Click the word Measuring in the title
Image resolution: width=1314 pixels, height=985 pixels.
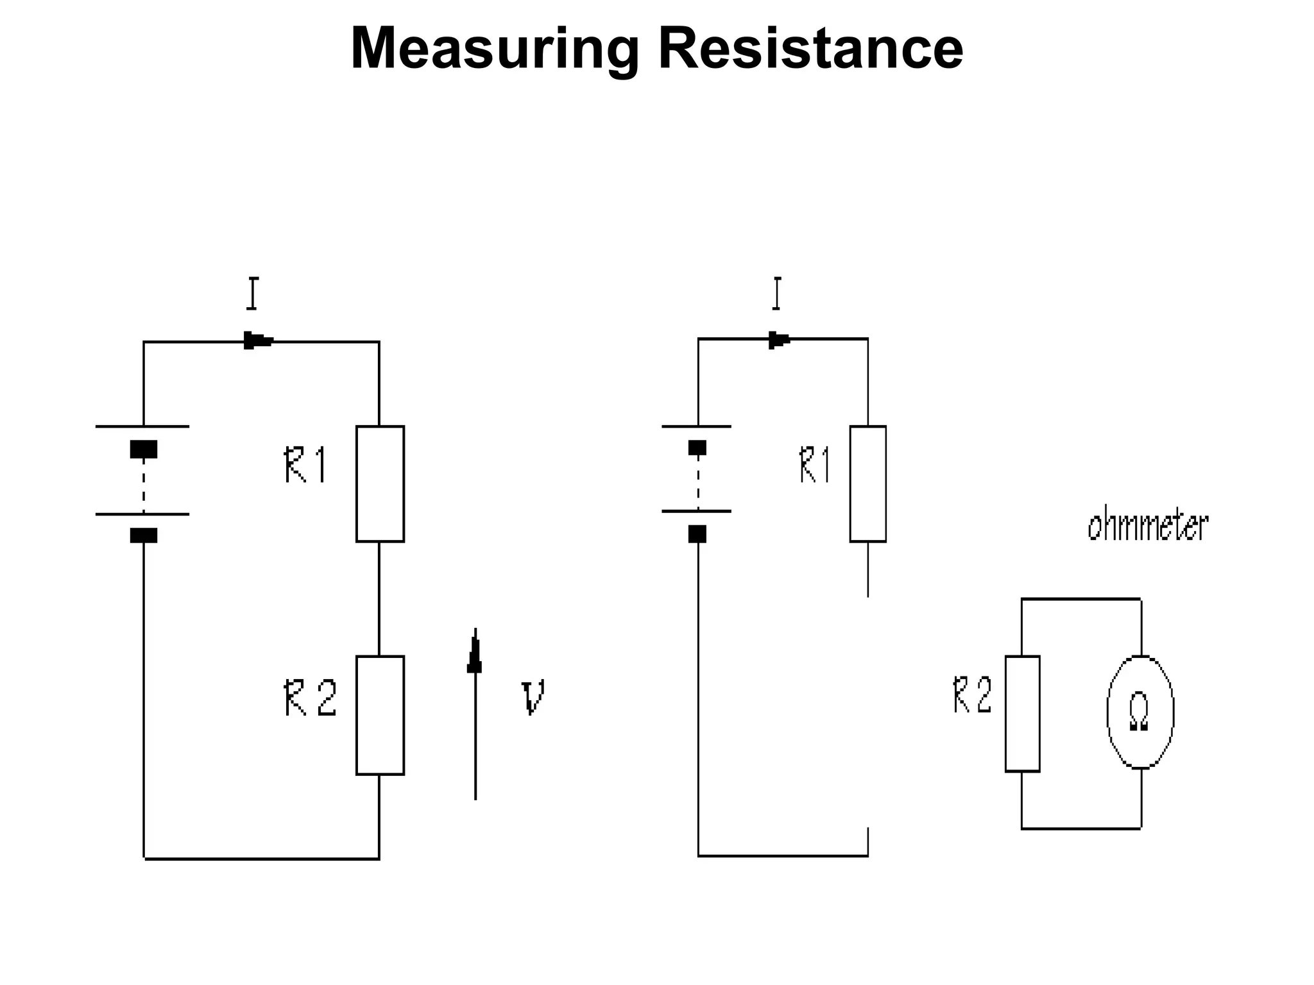coord(494,50)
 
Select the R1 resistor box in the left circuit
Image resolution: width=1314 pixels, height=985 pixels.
coord(380,484)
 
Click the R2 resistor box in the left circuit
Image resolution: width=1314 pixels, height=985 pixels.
coord(380,715)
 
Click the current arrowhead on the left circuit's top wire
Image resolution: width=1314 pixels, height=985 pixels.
coord(257,341)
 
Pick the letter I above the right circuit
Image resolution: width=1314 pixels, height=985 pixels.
coord(777,294)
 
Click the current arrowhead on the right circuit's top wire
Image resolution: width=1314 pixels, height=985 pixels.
coord(779,339)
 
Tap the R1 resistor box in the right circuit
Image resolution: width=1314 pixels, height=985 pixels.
coord(867,484)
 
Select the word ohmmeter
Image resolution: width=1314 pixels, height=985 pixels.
coord(1147,526)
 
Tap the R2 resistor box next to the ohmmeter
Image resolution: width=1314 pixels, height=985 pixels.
coord(1022,713)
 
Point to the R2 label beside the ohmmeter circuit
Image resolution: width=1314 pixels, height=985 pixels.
coord(972,695)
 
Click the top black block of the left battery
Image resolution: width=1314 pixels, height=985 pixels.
coord(143,449)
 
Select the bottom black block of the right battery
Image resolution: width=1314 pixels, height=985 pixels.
coord(697,534)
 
